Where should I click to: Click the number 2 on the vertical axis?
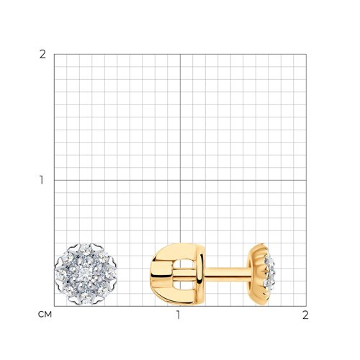pos(42,55)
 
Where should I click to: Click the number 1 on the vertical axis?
pos(42,180)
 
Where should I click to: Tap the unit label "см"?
pos(45,315)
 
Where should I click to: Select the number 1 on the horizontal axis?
pos(178,315)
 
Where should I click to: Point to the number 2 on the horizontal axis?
pos(305,315)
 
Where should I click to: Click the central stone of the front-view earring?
pos(85,274)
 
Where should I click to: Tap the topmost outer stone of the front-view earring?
pos(85,249)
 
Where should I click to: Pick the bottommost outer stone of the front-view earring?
pos(85,299)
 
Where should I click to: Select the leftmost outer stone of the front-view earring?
pos(60,274)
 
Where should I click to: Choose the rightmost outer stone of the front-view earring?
pos(111,274)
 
